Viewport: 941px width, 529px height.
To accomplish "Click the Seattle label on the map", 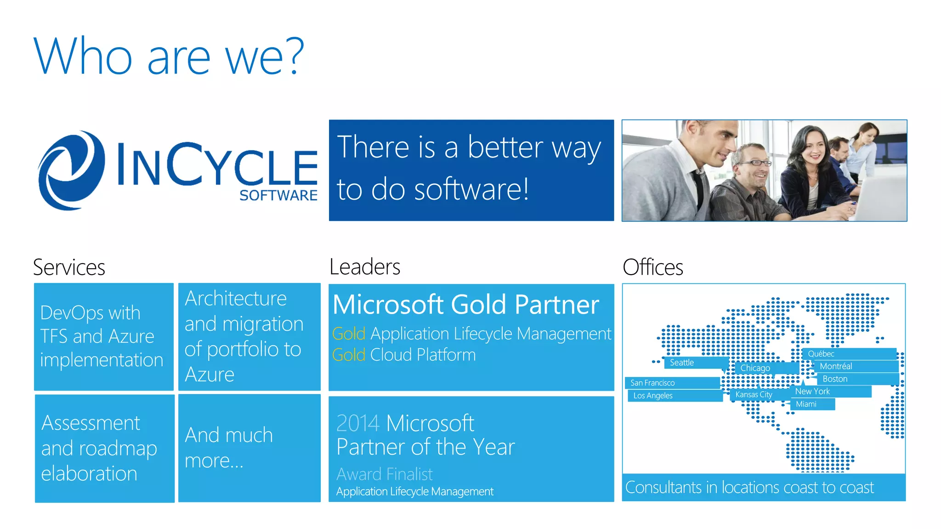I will [x=682, y=363].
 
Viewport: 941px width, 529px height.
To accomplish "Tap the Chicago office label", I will [x=755, y=368].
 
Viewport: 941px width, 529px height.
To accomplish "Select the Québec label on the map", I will [x=821, y=354].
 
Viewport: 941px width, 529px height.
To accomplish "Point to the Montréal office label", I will [x=836, y=366].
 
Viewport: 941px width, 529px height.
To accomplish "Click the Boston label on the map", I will [x=835, y=379].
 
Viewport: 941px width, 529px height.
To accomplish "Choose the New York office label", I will [x=812, y=392].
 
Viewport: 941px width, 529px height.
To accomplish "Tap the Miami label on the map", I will [x=806, y=404].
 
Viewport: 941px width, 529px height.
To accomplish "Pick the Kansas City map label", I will [x=754, y=394].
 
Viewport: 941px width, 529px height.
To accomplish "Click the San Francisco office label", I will [x=652, y=383].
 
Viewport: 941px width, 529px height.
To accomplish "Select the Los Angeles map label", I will [x=652, y=396].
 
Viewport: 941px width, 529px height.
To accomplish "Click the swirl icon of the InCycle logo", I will [x=71, y=171].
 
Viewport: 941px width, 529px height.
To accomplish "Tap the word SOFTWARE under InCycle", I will [x=278, y=196].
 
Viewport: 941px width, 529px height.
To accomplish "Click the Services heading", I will [x=69, y=267].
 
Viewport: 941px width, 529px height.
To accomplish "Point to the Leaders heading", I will [x=365, y=267].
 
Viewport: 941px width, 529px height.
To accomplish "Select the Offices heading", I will [x=652, y=267].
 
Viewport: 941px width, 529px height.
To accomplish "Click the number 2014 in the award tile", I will [x=358, y=423].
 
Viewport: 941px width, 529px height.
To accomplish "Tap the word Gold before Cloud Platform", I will [x=349, y=355].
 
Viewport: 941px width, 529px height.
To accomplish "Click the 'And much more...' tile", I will [x=249, y=448].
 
